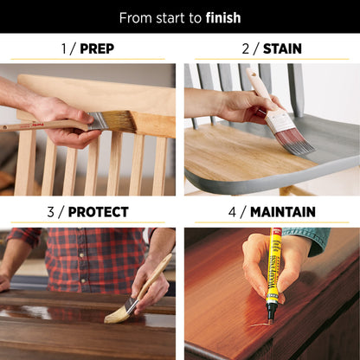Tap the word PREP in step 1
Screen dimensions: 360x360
(97, 48)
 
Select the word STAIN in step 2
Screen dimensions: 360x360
(283, 48)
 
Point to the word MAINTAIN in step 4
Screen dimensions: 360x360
(284, 212)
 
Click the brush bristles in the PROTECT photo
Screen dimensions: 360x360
(118, 312)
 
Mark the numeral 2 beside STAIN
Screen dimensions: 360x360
(245, 48)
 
